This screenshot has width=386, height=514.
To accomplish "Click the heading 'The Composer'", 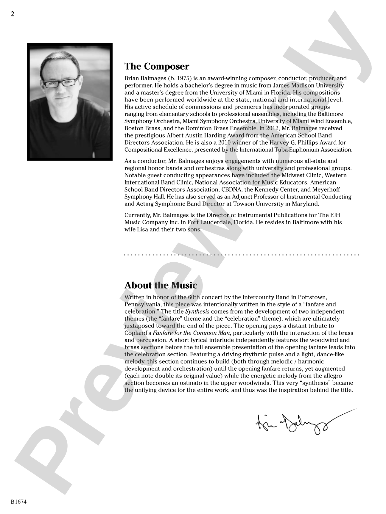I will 157,66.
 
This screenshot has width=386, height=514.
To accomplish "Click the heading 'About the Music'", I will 161,285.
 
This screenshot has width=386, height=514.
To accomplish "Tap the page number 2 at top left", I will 13,14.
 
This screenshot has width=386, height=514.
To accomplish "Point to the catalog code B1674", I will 19,502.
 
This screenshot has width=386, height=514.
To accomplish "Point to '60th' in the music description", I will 194,297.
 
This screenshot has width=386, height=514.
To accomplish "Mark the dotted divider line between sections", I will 242,255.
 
